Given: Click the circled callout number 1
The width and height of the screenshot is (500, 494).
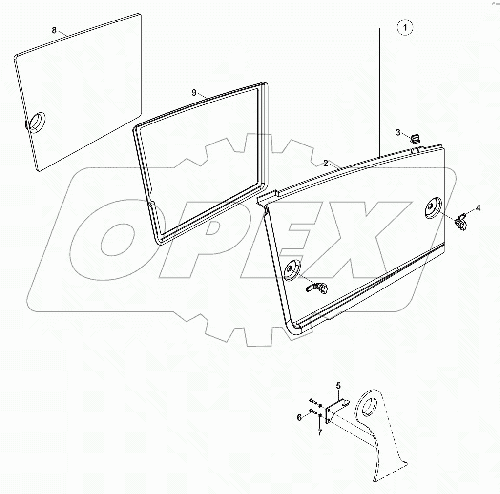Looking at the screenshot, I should coord(405,28).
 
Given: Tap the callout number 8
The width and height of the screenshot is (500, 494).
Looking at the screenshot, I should coord(54,30).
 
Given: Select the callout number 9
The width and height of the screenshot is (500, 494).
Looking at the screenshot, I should coord(194,92).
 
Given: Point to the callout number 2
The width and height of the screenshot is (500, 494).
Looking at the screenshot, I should coord(326,163).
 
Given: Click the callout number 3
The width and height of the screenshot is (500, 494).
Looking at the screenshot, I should coord(398,132).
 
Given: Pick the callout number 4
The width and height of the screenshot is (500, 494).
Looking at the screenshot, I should coord(478,208).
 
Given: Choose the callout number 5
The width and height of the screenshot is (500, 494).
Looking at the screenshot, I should coord(338,386).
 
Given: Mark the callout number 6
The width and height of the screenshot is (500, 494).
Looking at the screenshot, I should coord(299,417).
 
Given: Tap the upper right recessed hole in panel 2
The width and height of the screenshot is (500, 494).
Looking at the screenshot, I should coord(433,208).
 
